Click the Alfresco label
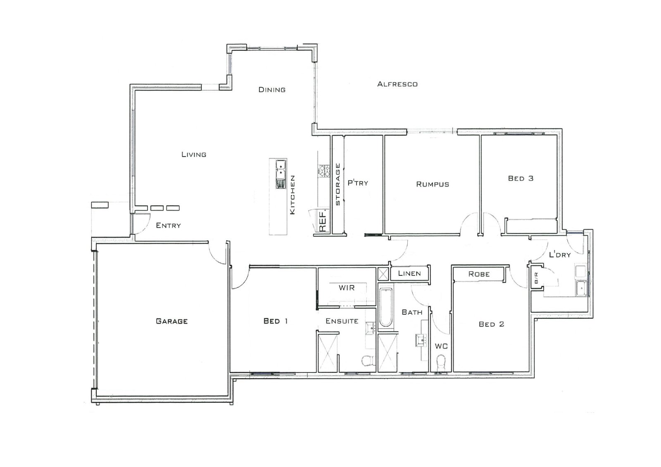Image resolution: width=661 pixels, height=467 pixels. pos(397,84)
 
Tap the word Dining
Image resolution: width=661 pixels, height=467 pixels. pos(272,90)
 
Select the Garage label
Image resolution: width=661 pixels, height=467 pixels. pos(172,321)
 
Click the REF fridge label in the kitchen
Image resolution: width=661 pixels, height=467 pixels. pos(323,221)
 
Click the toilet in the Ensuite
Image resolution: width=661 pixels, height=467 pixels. pos(367,361)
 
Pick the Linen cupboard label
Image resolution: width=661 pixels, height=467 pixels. pos(409,273)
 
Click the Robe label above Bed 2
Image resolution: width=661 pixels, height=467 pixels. pos(479,274)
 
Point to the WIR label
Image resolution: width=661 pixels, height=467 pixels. pos(347,288)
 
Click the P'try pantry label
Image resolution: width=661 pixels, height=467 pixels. pos(357,183)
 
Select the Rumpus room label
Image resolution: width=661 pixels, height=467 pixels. pos(432,185)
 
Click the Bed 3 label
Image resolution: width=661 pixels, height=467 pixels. pos(521,179)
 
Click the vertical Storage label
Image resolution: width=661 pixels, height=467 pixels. pos(338,185)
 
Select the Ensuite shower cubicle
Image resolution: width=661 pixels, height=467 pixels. pos(328,352)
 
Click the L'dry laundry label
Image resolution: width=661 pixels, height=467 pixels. pos(560,255)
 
